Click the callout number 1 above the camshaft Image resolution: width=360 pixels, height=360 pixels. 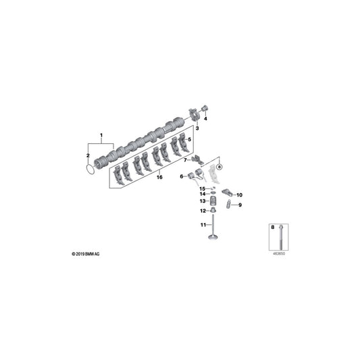click(102, 135)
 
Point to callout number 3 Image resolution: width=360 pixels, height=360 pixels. click(197, 128)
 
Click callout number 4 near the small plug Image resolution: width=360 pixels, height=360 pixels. click(206, 119)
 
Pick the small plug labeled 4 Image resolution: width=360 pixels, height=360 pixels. click(206, 107)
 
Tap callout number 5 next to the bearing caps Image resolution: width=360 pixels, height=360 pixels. click(189, 140)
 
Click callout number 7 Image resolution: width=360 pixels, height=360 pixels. click(186, 160)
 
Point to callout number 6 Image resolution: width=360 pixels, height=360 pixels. click(181, 177)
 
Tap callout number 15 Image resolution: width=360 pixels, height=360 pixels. click(201, 188)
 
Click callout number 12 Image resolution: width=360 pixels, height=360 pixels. click(202, 211)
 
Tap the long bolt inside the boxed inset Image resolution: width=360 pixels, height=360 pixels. click(279, 234)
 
